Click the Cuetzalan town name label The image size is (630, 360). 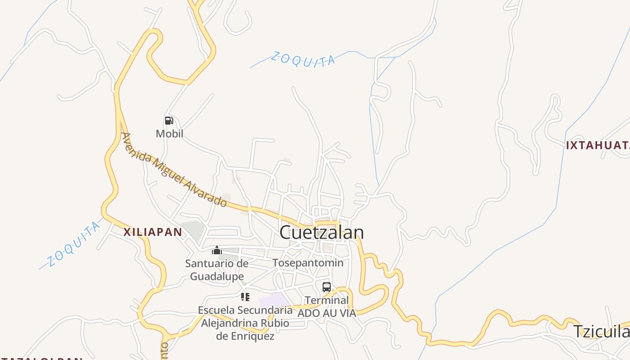(321, 233)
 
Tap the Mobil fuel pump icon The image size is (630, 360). (169, 121)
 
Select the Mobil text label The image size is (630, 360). (169, 134)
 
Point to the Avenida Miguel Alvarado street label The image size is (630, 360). (174, 169)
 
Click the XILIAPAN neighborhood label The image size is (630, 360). (153, 232)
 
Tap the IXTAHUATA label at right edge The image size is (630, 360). (598, 145)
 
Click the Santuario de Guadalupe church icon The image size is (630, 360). (217, 250)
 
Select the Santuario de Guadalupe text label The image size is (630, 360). (217, 270)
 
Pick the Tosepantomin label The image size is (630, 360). (308, 263)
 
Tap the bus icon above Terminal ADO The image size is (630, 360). (327, 287)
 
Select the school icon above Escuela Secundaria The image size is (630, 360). (245, 297)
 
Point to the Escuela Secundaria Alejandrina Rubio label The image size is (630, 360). (245, 323)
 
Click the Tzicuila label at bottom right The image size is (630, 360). (601, 331)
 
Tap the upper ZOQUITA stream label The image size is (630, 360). (303, 59)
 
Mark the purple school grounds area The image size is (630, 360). (274, 300)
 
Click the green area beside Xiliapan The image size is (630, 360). (193, 229)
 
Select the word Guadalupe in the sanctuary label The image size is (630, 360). (217, 276)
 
